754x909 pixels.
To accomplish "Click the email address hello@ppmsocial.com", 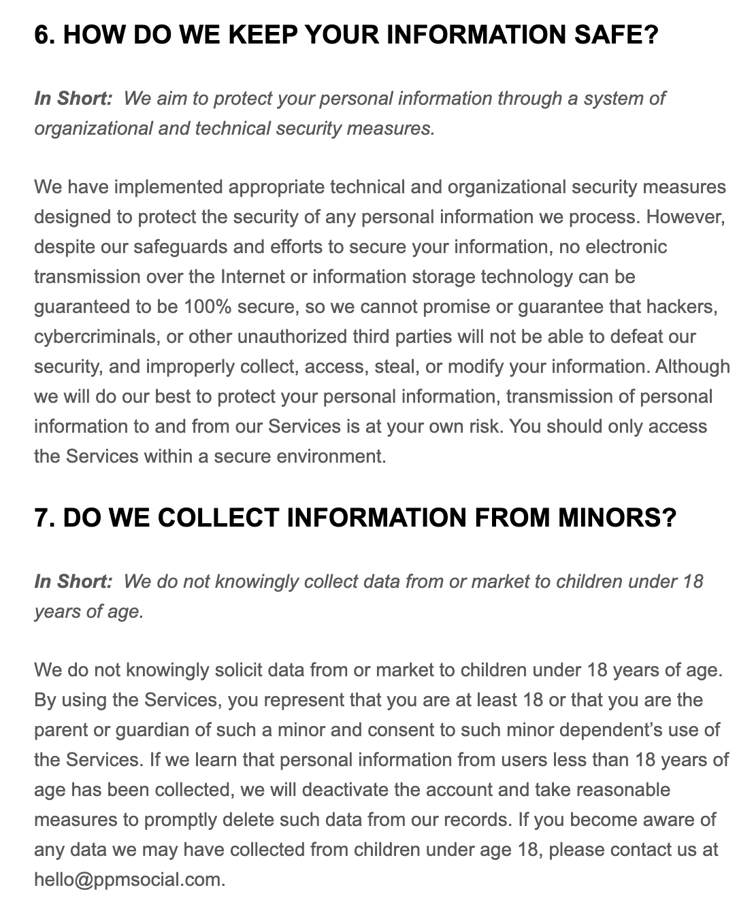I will tap(128, 880).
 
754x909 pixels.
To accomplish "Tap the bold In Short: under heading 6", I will tap(73, 99).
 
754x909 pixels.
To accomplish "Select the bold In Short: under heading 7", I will tap(73, 582).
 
